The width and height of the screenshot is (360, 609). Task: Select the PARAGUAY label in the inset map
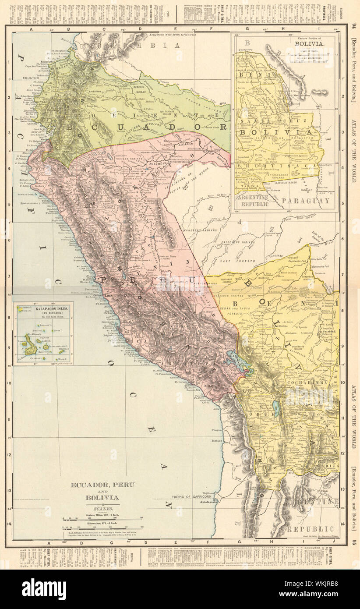coord(306,201)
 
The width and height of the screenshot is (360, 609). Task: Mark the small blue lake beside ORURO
coord(277,407)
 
